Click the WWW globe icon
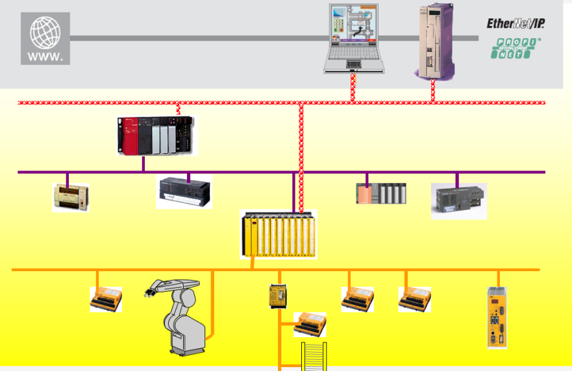(45, 38)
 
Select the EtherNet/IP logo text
(516, 23)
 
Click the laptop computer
(353, 38)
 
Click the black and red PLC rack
(156, 135)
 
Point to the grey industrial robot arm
(182, 318)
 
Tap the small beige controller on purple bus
(71, 197)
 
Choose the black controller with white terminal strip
(184, 193)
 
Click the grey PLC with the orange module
(382, 193)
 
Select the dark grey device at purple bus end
(459, 200)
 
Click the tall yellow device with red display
(497, 318)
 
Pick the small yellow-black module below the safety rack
(278, 296)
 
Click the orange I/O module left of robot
(106, 299)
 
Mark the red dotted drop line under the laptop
(353, 88)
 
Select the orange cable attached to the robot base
(212, 305)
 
